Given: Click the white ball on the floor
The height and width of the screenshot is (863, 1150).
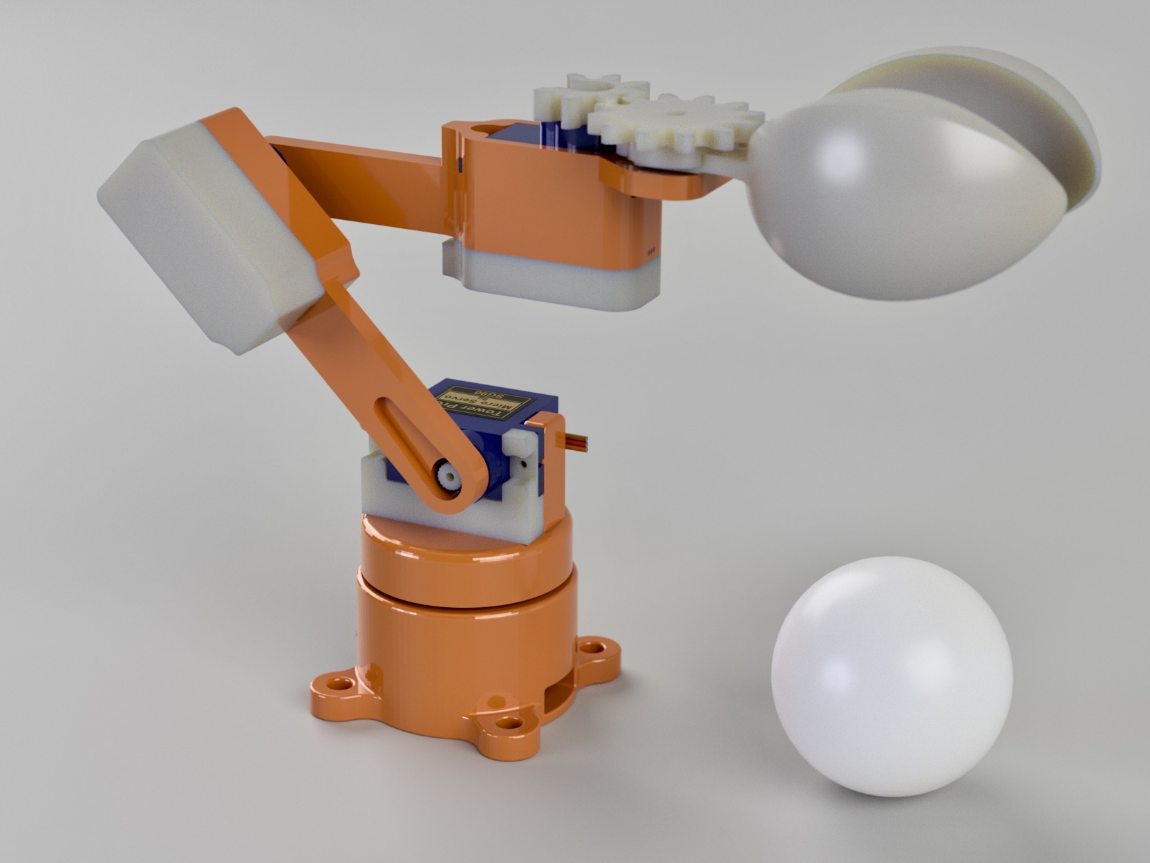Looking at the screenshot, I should [x=892, y=676].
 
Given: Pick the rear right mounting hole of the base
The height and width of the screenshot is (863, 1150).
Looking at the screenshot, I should [x=590, y=649].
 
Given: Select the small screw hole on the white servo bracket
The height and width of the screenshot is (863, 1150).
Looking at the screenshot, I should [x=522, y=456].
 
